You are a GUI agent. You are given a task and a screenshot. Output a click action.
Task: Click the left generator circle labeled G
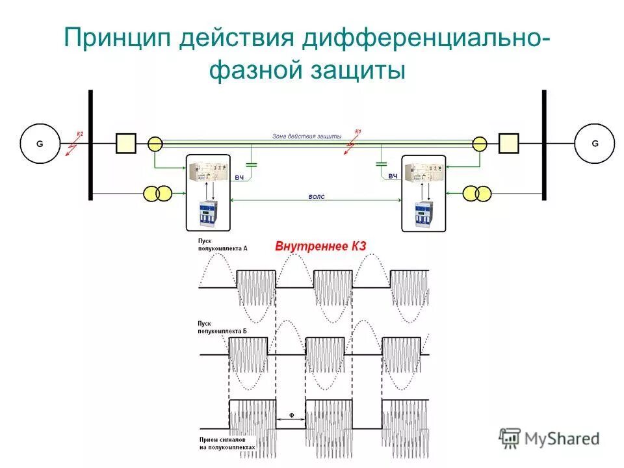pyautogui.click(x=40, y=144)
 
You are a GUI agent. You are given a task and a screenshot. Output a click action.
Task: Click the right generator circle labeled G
pyautogui.click(x=594, y=144)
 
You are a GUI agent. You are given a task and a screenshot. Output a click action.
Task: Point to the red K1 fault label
pyautogui.click(x=357, y=132)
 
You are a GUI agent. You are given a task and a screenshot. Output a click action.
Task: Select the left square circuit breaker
pyautogui.click(x=125, y=144)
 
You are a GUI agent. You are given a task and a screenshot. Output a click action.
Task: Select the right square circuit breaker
pyautogui.click(x=508, y=144)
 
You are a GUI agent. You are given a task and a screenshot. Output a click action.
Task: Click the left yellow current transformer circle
pyautogui.click(x=155, y=144)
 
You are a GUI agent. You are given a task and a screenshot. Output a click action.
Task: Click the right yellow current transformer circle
pyautogui.click(x=480, y=144)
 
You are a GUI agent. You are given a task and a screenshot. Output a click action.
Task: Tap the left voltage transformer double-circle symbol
pyautogui.click(x=158, y=193)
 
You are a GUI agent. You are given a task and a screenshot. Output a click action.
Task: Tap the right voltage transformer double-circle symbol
pyautogui.click(x=477, y=193)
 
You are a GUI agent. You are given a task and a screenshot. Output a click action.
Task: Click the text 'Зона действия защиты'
pyautogui.click(x=306, y=136)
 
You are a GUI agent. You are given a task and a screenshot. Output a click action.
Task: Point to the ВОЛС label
pyautogui.click(x=317, y=196)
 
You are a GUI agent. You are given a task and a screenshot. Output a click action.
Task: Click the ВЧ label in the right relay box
pyautogui.click(x=393, y=176)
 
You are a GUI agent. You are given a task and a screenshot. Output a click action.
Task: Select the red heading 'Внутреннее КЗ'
pyautogui.click(x=321, y=246)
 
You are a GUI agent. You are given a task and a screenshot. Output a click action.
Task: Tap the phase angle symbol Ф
pyautogui.click(x=291, y=415)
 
